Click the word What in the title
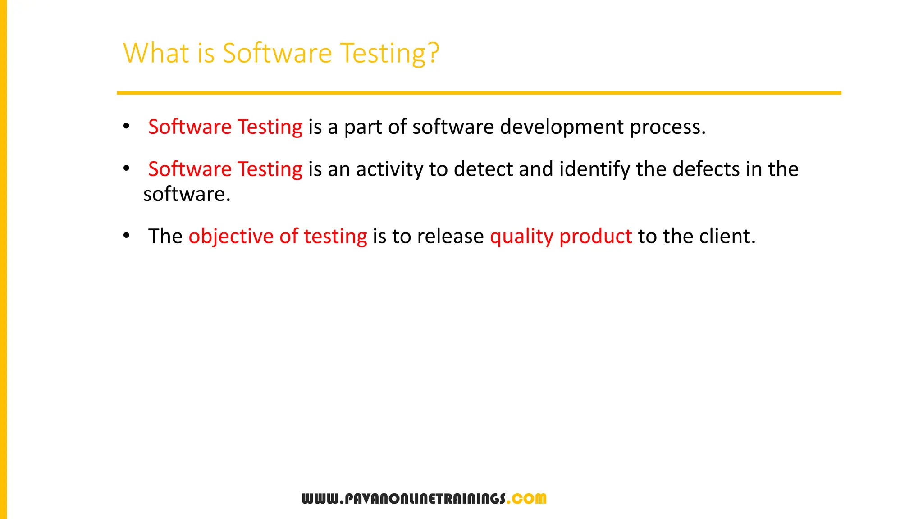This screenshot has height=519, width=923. point(156,53)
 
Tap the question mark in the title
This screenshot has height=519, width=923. point(434,53)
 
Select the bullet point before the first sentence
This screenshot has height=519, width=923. point(127,127)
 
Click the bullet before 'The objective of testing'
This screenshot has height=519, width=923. point(127,236)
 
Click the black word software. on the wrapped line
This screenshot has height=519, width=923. point(187,195)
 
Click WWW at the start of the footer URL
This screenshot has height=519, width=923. point(320,499)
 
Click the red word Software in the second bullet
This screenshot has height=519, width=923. point(190,169)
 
